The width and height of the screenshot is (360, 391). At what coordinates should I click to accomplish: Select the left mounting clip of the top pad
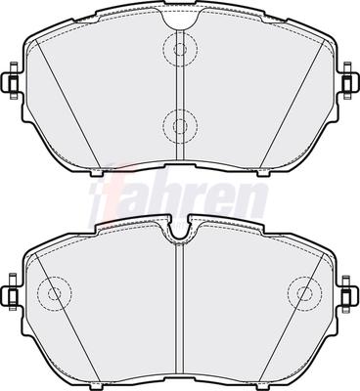12,80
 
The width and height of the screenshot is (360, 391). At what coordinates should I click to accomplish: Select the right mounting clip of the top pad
348,80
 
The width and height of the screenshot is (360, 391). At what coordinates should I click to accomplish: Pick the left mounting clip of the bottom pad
12,291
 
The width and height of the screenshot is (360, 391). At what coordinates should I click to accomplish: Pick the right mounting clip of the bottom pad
348,293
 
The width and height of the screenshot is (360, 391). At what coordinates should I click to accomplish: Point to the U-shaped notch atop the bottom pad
180,231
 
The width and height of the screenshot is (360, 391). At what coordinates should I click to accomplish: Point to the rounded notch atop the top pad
180,22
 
